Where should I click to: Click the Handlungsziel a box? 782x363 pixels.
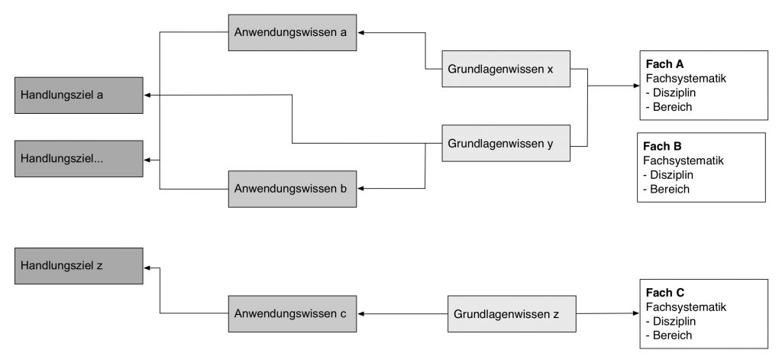[x=79, y=96]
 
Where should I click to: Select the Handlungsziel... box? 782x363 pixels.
[x=79, y=159]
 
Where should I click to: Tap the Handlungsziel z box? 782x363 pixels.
[x=79, y=266]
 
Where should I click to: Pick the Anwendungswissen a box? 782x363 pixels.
[x=292, y=32]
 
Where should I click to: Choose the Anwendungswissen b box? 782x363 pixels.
[x=292, y=189]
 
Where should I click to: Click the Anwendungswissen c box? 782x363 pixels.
[x=292, y=313]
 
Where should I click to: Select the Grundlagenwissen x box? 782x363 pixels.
[x=506, y=69]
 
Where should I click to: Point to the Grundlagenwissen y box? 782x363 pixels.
[x=506, y=144]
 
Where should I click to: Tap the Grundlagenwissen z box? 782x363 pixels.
[x=512, y=313]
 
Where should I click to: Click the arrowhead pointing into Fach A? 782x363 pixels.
[x=636, y=86]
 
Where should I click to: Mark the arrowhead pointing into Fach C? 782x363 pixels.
[x=636, y=313]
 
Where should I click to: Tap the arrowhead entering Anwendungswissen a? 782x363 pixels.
[x=360, y=32]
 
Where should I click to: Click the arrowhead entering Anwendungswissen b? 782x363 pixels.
[x=360, y=189]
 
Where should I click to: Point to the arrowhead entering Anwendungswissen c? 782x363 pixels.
[x=360, y=313]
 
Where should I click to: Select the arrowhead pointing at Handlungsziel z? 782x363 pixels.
[x=147, y=268]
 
